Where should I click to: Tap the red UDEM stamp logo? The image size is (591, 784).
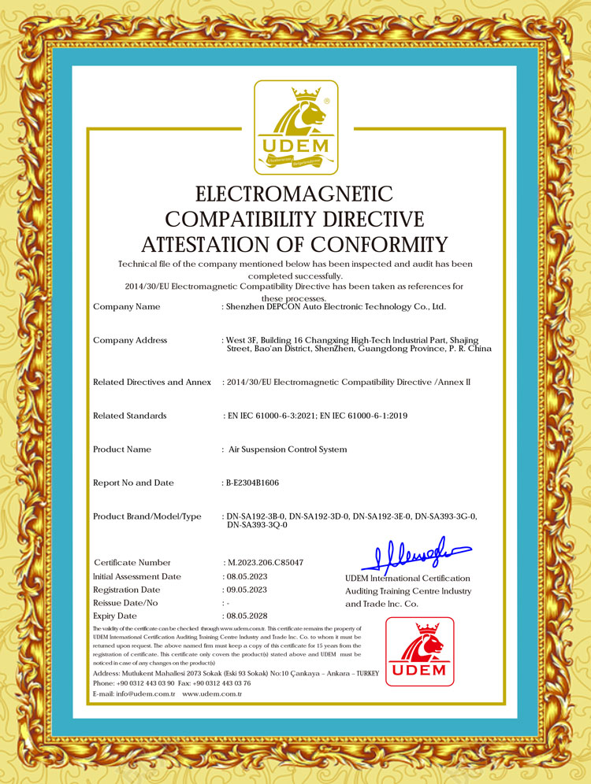[x=420, y=651]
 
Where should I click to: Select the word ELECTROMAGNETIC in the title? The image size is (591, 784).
[x=294, y=194]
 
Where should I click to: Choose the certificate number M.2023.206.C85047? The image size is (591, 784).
[x=265, y=563]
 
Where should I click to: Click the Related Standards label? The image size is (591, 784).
[x=130, y=415]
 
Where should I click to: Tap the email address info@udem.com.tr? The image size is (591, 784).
[x=146, y=694]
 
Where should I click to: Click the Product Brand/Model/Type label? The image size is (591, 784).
[x=147, y=516]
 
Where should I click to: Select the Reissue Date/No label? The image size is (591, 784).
[x=126, y=602]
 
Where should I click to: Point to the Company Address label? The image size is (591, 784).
[x=130, y=340]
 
